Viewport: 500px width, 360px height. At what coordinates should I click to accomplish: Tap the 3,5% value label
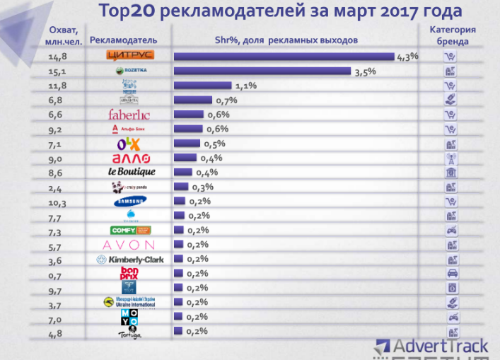(365, 71)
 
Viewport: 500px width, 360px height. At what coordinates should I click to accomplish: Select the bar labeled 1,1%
(203, 86)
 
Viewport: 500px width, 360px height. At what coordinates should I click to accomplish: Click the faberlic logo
(129, 115)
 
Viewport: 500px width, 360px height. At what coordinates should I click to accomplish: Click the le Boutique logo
(131, 173)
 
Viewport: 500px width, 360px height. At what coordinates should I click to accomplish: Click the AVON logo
(129, 245)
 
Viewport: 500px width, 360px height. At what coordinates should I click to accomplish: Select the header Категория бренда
(453, 35)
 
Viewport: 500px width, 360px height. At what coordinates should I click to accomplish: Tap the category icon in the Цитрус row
(450, 57)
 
